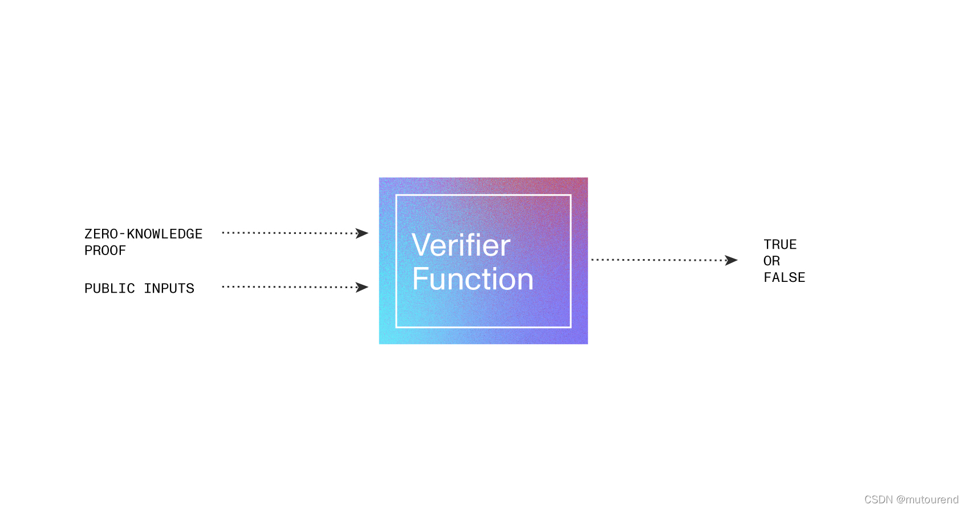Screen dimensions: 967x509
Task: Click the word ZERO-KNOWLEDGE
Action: pos(143,234)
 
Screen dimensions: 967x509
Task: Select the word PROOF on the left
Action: pos(105,251)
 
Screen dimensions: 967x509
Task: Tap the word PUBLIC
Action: pos(109,289)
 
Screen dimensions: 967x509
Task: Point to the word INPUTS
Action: pos(169,289)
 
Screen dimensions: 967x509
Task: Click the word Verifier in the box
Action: pos(461,246)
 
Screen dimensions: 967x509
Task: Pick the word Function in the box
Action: pos(473,279)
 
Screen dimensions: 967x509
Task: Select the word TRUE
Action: pos(780,245)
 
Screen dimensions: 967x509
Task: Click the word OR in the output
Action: pos(771,261)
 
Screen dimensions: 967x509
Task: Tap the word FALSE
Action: pos(785,278)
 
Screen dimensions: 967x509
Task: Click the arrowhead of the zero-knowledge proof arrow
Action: pos(362,233)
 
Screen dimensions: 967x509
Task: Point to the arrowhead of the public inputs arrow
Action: pos(362,287)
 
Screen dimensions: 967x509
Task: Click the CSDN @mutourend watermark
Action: pos(911,499)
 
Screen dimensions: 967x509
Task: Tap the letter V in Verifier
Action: pos(422,246)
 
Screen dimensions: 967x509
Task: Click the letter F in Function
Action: pos(420,279)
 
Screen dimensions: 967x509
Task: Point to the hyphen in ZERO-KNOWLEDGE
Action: pos(122,235)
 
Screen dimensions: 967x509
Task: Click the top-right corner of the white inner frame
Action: pos(571,195)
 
